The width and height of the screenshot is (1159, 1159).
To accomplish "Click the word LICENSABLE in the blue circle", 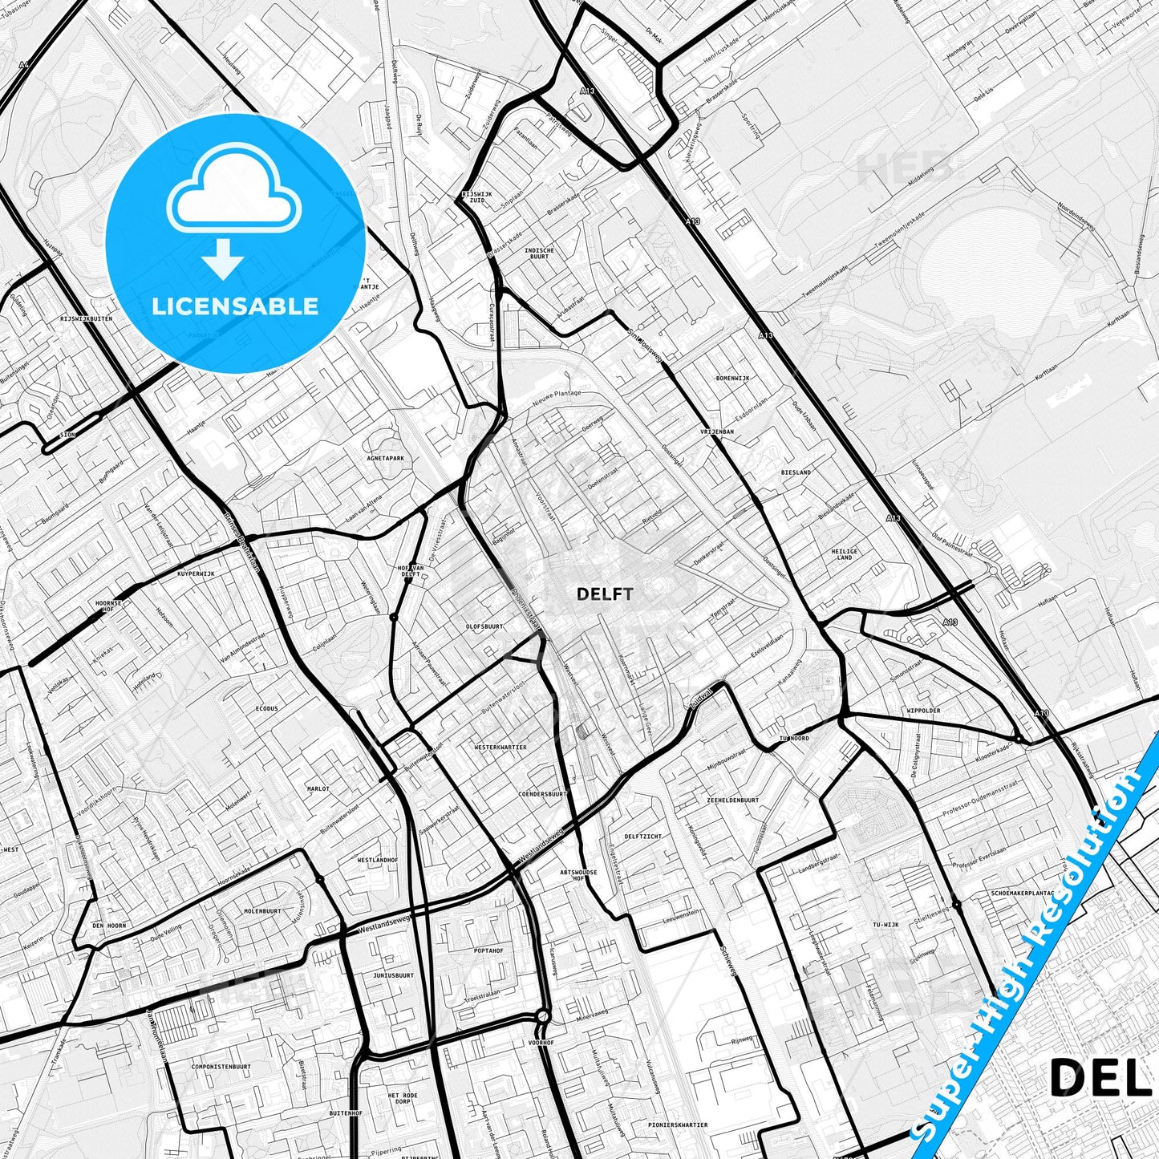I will point(235,306).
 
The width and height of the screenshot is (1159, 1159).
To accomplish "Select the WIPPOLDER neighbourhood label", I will point(922,711).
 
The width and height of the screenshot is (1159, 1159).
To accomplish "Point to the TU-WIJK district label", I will point(885,925).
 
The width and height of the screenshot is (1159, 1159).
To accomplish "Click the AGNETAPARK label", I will point(384,459).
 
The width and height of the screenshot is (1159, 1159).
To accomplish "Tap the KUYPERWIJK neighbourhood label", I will point(197,574).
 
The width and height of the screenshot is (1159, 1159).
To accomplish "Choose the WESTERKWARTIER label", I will point(500,747).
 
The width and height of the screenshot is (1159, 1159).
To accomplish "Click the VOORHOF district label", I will point(541,1043).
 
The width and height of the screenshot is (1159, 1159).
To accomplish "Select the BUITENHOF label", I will point(346,1113).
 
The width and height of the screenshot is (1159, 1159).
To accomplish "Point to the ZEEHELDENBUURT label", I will point(733,800).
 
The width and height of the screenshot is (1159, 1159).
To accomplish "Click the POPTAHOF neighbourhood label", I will point(488,950).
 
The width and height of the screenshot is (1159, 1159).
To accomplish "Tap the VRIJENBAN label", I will point(716,432).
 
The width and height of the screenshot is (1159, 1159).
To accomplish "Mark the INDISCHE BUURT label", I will point(539,253).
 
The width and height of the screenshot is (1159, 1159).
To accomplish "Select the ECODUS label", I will point(267,709).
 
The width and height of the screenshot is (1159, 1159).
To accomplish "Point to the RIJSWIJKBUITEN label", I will point(86,318).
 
